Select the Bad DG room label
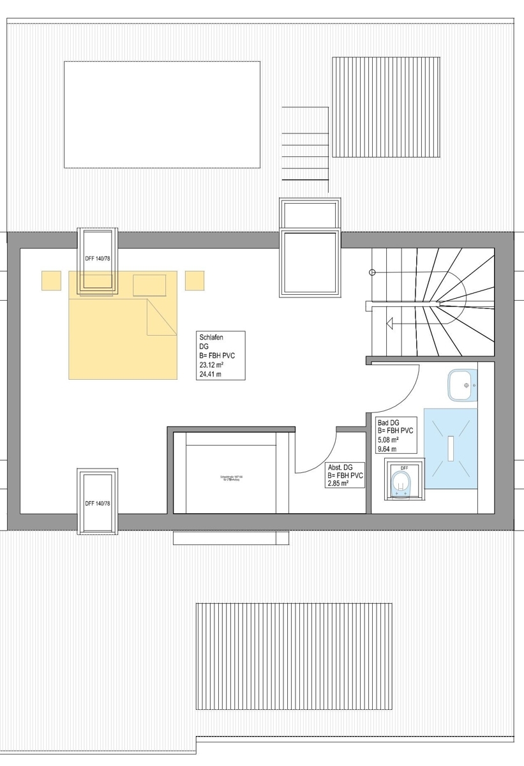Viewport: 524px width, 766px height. point(389,423)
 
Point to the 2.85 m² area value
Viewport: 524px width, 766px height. point(343,484)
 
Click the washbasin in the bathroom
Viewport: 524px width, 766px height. point(463,385)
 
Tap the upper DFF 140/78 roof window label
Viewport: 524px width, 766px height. point(97,259)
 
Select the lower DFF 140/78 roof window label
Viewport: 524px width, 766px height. point(98,504)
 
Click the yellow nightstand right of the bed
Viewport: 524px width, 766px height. point(195,280)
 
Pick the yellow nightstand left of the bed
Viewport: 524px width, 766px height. point(51,280)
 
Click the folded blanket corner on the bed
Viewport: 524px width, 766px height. point(161,319)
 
